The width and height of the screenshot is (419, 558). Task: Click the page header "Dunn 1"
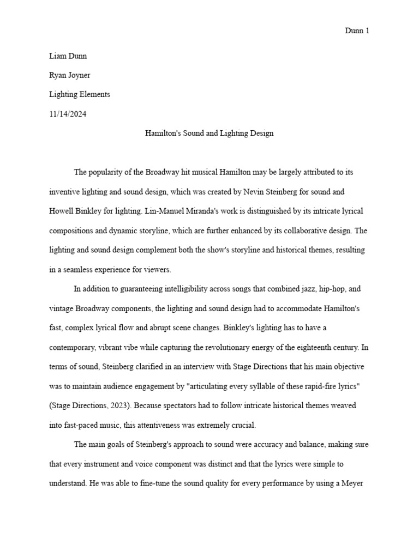[x=357, y=31]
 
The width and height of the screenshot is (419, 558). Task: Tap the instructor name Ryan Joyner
[x=69, y=75]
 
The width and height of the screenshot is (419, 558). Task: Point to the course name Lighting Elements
[x=79, y=94]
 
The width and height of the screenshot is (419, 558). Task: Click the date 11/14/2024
[x=67, y=114]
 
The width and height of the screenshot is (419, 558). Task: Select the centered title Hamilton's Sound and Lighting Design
[x=209, y=133]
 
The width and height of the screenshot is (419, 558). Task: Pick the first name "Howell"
[x=61, y=211]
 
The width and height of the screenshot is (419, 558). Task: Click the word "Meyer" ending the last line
[x=357, y=483]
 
